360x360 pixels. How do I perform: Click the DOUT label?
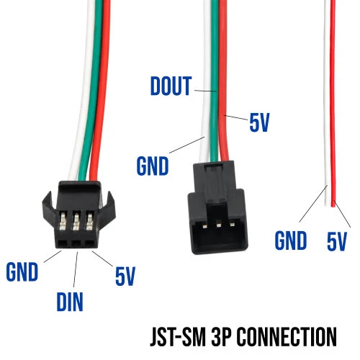click(171, 86)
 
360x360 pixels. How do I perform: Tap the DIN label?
click(70, 302)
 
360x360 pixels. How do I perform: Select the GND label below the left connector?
click(22, 272)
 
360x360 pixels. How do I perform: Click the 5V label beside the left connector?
click(125, 276)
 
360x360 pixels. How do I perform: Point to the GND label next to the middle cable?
click(153, 166)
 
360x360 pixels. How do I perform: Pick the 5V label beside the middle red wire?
click(259, 122)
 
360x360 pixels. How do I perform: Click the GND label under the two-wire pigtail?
click(291, 240)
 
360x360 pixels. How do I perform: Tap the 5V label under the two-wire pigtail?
click(337, 241)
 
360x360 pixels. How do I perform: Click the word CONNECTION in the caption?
click(288, 336)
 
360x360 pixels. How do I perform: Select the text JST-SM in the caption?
click(178, 336)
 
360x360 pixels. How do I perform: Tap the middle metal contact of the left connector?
click(76, 221)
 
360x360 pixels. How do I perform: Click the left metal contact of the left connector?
click(63, 221)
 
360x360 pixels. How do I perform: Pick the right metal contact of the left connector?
click(90, 221)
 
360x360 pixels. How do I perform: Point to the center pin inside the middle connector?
click(218, 225)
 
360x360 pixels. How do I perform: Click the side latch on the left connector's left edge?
click(49, 207)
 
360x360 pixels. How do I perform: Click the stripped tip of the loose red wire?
click(333, 204)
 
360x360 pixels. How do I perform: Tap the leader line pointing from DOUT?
click(205, 91)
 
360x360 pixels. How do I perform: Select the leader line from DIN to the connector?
click(76, 269)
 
